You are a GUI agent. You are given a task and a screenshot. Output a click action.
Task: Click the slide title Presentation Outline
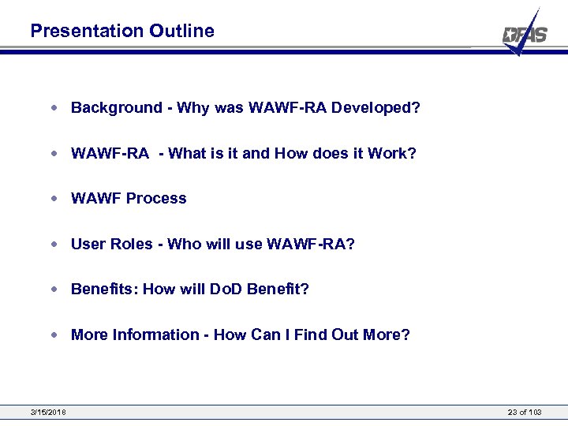(x=122, y=31)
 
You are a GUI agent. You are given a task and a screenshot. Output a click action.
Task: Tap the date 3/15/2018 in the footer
(x=48, y=413)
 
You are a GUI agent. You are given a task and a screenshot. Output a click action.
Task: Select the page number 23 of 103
(x=525, y=413)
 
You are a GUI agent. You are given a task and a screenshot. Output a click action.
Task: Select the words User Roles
(x=111, y=245)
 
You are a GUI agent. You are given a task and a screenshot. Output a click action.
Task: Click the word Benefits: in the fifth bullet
(x=104, y=290)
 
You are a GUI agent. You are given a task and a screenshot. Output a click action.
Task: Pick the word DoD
(x=226, y=290)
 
